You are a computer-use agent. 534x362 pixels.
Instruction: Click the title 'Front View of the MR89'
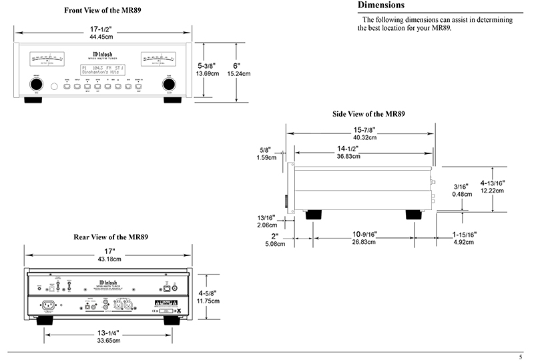pyautogui.click(x=107, y=11)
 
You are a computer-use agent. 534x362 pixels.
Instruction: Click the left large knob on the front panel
pyautogui.click(x=33, y=85)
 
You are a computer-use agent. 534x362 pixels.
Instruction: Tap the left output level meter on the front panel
pyautogui.click(x=47, y=61)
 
